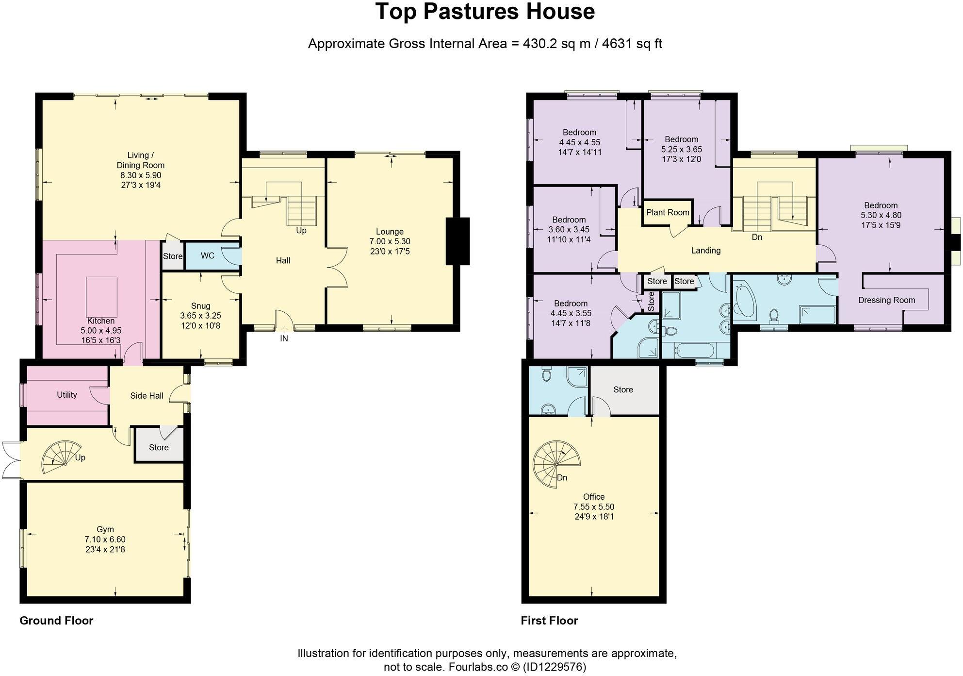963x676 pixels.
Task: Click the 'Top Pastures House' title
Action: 485,12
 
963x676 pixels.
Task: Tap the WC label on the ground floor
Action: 207,255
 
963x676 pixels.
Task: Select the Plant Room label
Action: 668,212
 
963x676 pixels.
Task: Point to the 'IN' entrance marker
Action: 284,338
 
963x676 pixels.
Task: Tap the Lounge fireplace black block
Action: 457,241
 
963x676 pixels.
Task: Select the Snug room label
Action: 200,306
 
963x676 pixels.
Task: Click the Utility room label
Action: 67,395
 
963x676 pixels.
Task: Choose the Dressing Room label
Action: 886,300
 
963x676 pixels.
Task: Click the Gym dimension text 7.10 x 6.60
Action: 105,540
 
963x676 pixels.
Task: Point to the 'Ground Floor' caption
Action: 56,621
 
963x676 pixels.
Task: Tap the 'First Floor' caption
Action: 549,621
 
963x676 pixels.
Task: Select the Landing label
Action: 705,251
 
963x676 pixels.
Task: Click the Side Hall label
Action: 147,396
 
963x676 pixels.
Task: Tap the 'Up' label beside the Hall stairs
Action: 301,231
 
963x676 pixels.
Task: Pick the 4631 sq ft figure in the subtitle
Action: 632,44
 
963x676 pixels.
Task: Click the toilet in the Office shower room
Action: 546,375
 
